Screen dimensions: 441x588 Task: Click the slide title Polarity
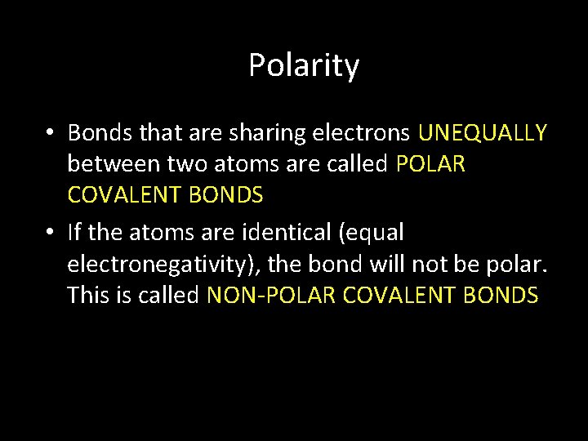pyautogui.click(x=304, y=65)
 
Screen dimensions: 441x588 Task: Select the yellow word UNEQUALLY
pyautogui.click(x=482, y=132)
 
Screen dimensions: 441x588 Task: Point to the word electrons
pyautogui.click(x=372, y=132)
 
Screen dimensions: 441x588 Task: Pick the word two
pyautogui.click(x=187, y=164)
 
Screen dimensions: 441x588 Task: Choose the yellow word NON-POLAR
pyautogui.click(x=271, y=295)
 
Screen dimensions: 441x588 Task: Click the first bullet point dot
pyautogui.click(x=50, y=133)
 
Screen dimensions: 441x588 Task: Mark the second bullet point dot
pyautogui.click(x=50, y=233)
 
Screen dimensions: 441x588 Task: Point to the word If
pyautogui.click(x=74, y=232)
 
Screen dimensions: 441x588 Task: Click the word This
pyautogui.click(x=89, y=295)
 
